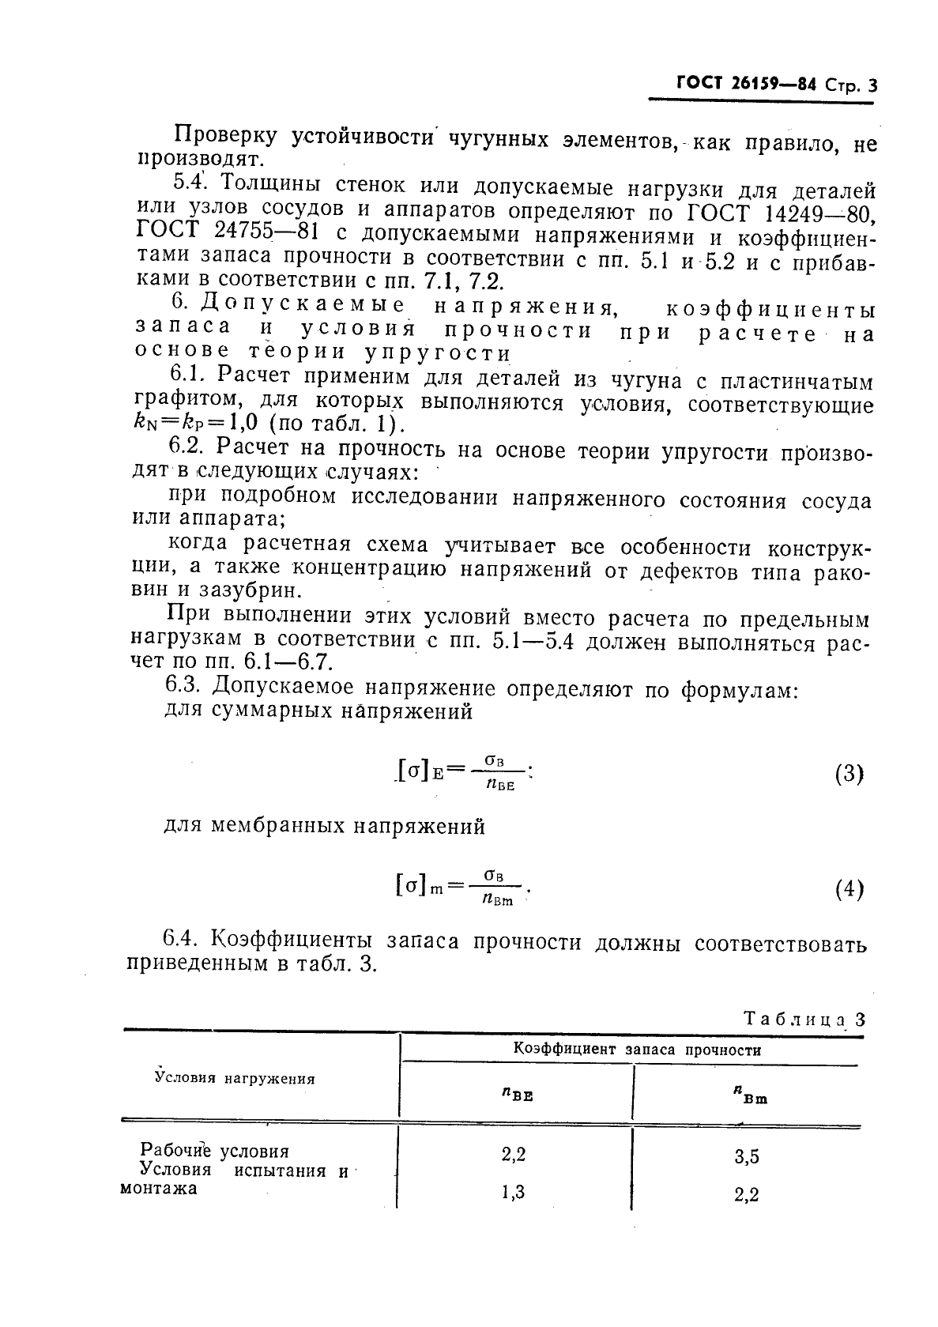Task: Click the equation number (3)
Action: click(849, 773)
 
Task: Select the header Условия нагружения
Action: click(235, 1078)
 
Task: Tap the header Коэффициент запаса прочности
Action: click(637, 1050)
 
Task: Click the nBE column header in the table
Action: click(517, 1095)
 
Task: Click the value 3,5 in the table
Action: click(747, 1157)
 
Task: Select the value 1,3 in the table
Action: click(514, 1193)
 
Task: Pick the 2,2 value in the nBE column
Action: click(514, 1155)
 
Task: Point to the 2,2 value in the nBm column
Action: click(747, 1195)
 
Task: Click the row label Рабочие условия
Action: click(214, 1151)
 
